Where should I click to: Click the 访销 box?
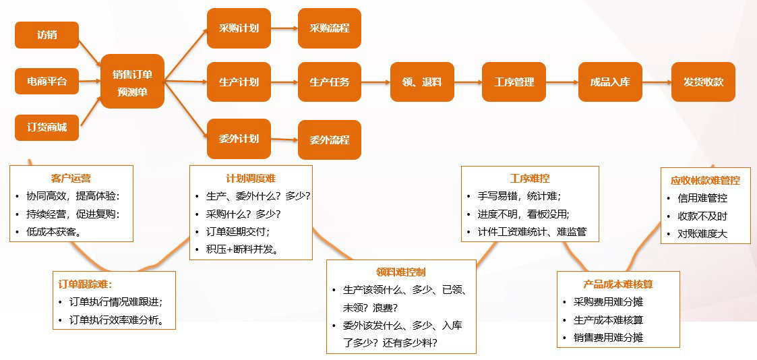tap(47, 35)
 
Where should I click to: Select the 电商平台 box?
tap(47, 82)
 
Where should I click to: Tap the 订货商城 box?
tap(47, 127)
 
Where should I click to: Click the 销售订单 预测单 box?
tap(132, 82)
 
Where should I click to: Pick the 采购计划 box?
tap(239, 28)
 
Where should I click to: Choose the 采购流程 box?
tap(330, 28)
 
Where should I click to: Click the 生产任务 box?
tap(330, 82)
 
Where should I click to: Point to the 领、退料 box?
tap(423, 82)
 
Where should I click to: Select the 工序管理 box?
tap(514, 82)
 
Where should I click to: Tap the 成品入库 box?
tap(610, 82)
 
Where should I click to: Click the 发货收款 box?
tap(703, 82)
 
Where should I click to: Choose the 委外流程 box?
tap(330, 140)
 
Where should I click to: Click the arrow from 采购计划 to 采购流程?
tap(284, 28)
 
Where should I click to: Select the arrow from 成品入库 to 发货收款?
tap(657, 82)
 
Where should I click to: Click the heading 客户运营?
tap(71, 179)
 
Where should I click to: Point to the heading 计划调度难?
tap(250, 179)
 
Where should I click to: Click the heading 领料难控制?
tap(400, 272)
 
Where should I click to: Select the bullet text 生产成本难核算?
tap(608, 320)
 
